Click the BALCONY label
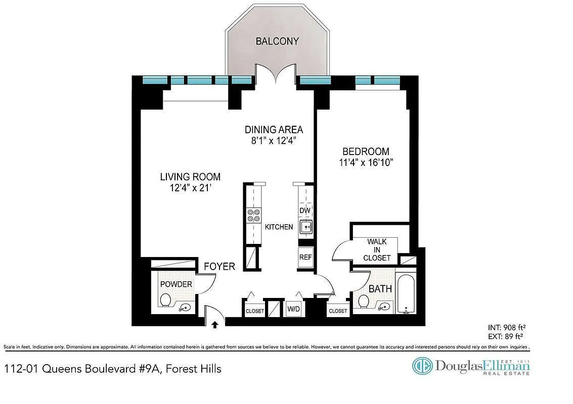pos(277,41)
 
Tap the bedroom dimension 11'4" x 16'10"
pos(366,163)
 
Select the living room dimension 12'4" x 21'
pos(190,188)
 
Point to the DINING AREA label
pos(274,130)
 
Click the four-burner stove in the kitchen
pos(253,215)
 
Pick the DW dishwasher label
pos(305,211)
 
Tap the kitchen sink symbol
pos(306,227)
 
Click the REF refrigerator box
pos(305,257)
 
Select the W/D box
pos(293,309)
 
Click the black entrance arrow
pos(215,324)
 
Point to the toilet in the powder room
pos(165,300)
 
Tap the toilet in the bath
pos(364,301)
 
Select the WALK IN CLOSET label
pos(377,249)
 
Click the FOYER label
pos(219,267)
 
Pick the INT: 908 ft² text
pos(506,327)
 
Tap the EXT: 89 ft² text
pos(505,336)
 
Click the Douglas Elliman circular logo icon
pos(422,366)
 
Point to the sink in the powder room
pos(186,308)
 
